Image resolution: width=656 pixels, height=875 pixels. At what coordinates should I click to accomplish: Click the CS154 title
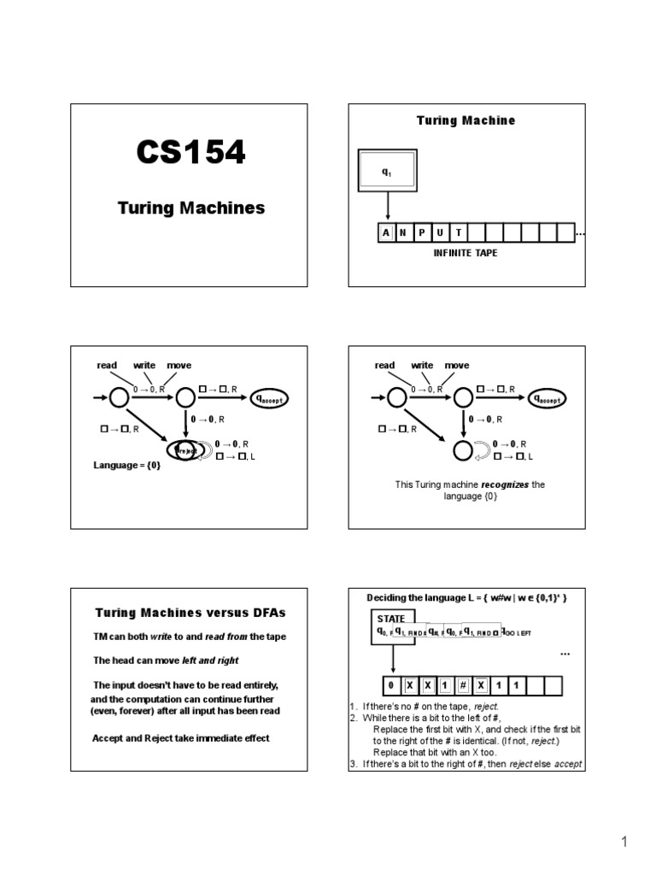click(190, 153)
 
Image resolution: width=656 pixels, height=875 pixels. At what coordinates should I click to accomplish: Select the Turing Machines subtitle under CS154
click(190, 208)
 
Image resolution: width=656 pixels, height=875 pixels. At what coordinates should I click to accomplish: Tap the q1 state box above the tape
click(387, 173)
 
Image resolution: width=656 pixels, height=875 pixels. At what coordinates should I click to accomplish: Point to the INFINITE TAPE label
click(466, 254)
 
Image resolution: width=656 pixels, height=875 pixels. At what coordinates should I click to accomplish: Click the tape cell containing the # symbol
click(462, 684)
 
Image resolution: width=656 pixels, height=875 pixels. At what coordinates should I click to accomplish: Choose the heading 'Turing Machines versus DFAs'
click(190, 613)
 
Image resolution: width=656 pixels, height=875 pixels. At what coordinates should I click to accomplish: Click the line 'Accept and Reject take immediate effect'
click(180, 737)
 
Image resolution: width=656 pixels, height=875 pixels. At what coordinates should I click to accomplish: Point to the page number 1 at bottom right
click(624, 843)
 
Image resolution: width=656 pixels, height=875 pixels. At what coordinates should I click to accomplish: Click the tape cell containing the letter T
click(459, 232)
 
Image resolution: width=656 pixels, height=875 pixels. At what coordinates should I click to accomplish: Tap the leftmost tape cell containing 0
click(391, 684)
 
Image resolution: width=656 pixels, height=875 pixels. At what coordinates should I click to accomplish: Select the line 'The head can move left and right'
click(166, 661)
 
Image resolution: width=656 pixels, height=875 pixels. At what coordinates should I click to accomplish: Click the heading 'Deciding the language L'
click(466, 596)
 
